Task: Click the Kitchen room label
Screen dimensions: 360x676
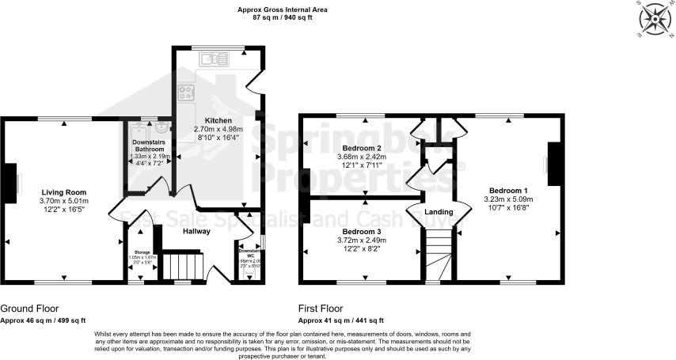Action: (x=218, y=119)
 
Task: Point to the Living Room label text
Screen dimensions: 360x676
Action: (x=64, y=192)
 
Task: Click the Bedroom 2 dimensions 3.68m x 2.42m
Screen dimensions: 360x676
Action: (x=363, y=157)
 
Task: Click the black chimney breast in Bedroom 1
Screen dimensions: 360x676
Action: (x=554, y=164)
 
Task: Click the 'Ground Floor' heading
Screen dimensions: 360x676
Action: (x=29, y=309)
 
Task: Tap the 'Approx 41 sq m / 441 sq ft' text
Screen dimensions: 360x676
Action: (x=340, y=320)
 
